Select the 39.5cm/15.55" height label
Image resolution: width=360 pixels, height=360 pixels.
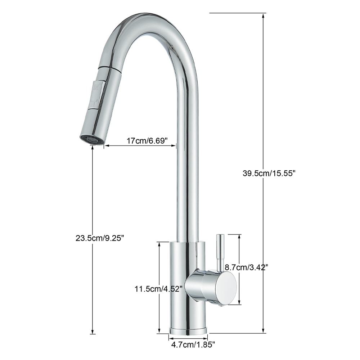(269, 174)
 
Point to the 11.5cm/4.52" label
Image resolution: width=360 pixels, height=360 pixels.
(159, 288)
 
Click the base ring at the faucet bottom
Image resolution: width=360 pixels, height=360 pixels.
(188, 330)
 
